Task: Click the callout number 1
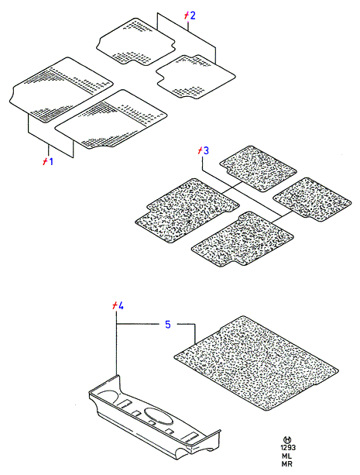pos(51,161)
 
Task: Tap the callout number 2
pos(192,15)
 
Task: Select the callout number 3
pos(206,150)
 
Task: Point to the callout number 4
pos(121,306)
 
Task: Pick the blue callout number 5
pos(168,325)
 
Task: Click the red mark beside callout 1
pos(45,161)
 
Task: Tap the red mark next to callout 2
pos(187,15)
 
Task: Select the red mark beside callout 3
pos(201,150)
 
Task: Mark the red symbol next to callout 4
pos(115,305)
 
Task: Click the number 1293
pos(288,448)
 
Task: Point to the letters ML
pos(286,456)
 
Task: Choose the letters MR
pos(286,464)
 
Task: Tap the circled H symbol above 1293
pos(287,439)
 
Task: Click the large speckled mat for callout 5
pos(256,363)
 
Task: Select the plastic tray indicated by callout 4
pos(155,418)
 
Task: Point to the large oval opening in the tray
pos(159,415)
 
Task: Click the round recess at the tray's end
pos(110,397)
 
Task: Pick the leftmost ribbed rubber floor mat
pos(61,90)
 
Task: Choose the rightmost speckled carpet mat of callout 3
pos(312,199)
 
